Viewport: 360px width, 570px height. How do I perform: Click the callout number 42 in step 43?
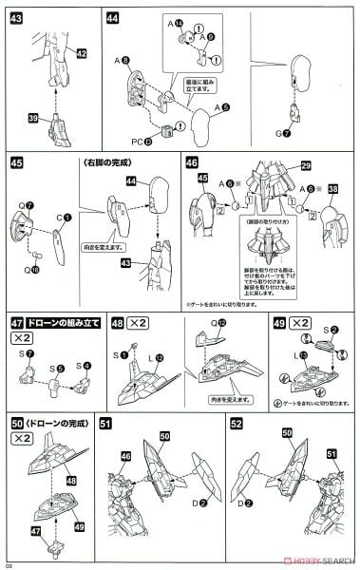(x=81, y=54)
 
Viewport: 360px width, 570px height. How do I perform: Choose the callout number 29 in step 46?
(x=306, y=165)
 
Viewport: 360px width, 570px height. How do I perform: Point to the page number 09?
(x=9, y=564)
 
